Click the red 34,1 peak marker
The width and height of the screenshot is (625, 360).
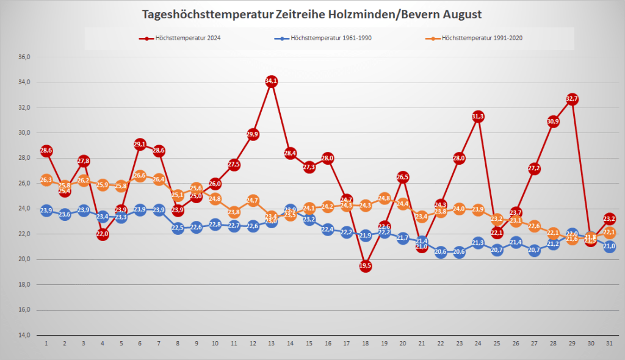point(272,81)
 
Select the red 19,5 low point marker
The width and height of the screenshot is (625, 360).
point(366,265)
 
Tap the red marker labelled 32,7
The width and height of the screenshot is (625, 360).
point(572,99)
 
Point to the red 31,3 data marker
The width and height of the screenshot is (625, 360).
point(479,117)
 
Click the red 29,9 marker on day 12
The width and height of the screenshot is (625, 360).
point(253,134)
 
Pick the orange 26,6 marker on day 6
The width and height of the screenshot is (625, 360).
point(140,176)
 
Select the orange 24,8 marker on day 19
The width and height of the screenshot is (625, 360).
point(385,198)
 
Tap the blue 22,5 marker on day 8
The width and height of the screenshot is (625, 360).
point(178,228)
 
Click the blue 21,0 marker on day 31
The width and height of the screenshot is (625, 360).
point(610,247)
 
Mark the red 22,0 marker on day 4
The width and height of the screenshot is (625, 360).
point(103,234)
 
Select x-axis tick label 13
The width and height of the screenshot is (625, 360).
point(272,344)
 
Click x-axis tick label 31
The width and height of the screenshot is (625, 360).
point(610,344)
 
